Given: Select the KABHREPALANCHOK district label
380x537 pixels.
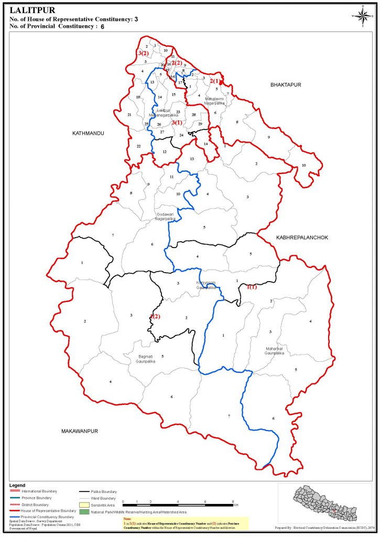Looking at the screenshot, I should coord(300,238).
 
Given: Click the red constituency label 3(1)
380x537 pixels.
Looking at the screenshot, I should coord(177,123).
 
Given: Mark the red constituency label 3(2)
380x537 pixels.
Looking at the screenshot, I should coord(143,53).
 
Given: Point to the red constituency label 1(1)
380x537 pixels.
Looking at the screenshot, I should coord(252,287).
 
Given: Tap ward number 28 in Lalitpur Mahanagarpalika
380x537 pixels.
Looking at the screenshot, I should coord(193,115).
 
